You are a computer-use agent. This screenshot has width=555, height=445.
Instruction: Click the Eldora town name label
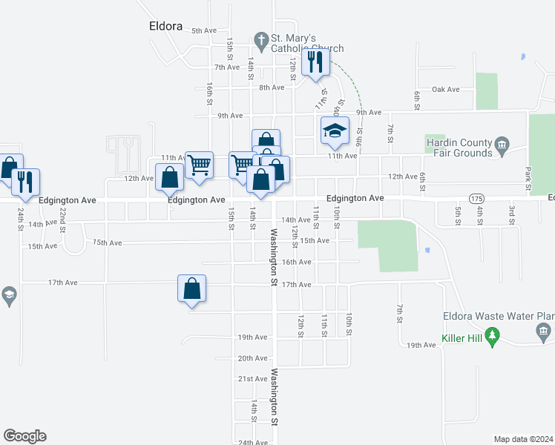(160, 25)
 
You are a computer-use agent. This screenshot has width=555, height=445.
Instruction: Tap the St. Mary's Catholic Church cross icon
(260, 39)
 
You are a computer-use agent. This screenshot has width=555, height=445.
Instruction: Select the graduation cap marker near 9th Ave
(335, 132)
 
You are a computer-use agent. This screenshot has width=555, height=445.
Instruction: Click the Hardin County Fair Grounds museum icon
(502, 143)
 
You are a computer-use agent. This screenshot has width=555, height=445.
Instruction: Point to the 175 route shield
(477, 199)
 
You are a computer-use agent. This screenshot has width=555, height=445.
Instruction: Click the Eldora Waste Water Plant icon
(544, 330)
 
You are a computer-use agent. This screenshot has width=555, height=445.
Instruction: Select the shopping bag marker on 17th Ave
(192, 289)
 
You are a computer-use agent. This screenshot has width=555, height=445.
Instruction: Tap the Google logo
(24, 436)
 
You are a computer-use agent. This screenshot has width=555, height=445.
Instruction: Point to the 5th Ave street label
(203, 30)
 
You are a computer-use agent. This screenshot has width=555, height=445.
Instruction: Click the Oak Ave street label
(446, 90)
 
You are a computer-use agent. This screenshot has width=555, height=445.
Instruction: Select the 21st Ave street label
(252, 379)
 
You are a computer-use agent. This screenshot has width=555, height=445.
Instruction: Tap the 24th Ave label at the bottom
(252, 443)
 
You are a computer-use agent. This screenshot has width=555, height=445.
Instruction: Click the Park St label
(528, 179)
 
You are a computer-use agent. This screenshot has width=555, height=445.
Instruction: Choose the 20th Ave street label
(252, 358)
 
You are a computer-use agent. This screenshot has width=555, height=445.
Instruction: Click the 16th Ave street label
(296, 262)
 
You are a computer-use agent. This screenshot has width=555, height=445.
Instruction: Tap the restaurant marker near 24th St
(24, 182)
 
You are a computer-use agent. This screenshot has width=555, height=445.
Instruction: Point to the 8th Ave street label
(272, 88)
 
